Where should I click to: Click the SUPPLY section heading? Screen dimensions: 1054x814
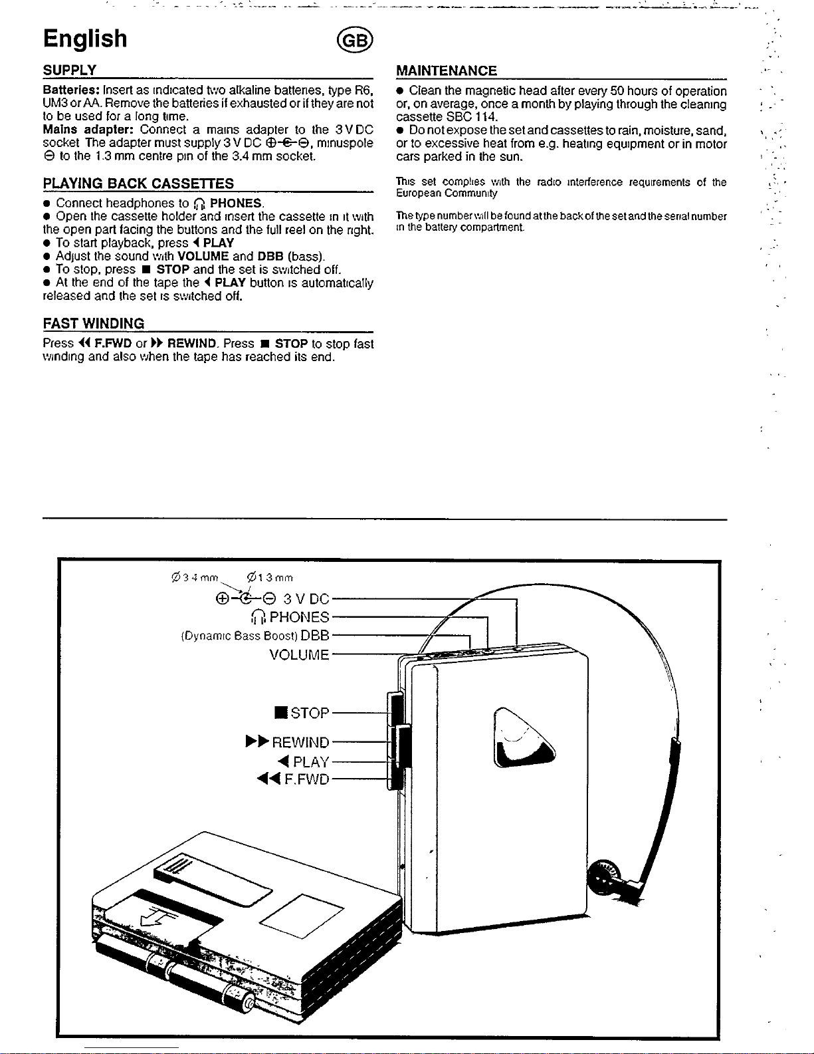tap(70, 70)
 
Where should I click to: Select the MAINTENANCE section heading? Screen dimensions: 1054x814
tap(446, 71)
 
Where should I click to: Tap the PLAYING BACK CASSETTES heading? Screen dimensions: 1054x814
tap(138, 184)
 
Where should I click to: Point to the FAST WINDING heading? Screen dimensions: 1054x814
tap(93, 324)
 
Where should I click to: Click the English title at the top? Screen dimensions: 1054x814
tap(85, 39)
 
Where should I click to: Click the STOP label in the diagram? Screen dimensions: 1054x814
tap(309, 713)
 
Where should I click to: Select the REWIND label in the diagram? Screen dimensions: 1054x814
tap(300, 742)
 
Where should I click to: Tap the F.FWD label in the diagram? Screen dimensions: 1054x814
tap(306, 779)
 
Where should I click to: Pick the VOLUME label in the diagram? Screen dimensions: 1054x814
tap(299, 655)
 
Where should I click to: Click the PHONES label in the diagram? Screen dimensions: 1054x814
tap(299, 617)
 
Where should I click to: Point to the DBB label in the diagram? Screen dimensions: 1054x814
tap(315, 635)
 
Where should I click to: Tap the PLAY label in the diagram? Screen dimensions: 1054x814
tap(310, 761)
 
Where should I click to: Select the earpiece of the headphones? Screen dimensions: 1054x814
tap(607, 879)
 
